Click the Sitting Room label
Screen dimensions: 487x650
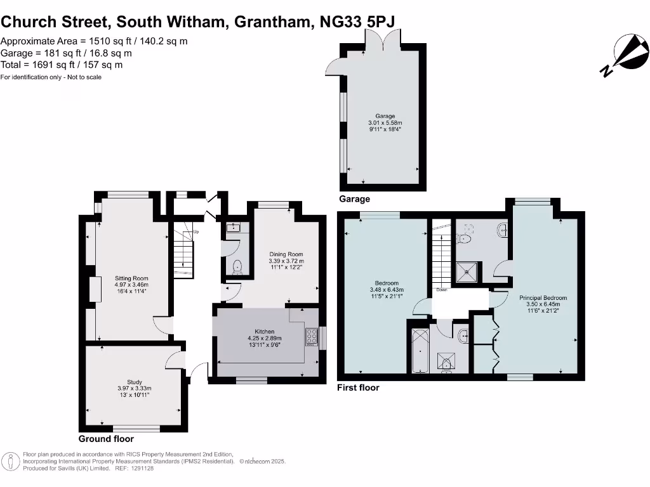(x=131, y=278)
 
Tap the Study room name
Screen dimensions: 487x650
(x=134, y=382)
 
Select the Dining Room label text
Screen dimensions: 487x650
(x=286, y=254)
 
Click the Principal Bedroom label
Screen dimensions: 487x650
(x=543, y=297)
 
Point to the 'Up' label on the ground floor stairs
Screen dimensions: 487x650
(x=196, y=231)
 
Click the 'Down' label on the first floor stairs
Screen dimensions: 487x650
(x=442, y=290)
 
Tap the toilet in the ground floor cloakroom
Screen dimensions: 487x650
(x=237, y=267)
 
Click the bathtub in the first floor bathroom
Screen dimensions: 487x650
(x=420, y=351)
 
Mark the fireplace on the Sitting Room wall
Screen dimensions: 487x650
(x=95, y=290)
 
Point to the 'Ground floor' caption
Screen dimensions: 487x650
(x=106, y=439)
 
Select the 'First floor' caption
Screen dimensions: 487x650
(x=358, y=387)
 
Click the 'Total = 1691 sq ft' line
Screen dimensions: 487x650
(x=62, y=65)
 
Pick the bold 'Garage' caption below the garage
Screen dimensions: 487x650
(x=355, y=199)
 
